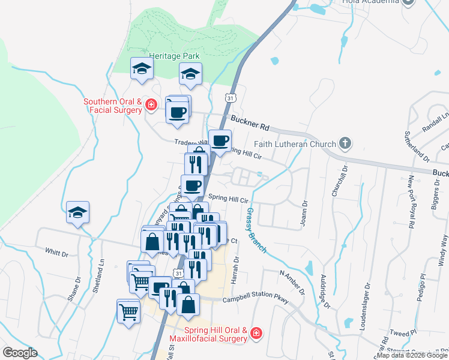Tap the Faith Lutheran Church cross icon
pos(345,143)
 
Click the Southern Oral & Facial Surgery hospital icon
pos(151,106)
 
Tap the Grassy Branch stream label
pos(257,230)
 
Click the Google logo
pos(20,352)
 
